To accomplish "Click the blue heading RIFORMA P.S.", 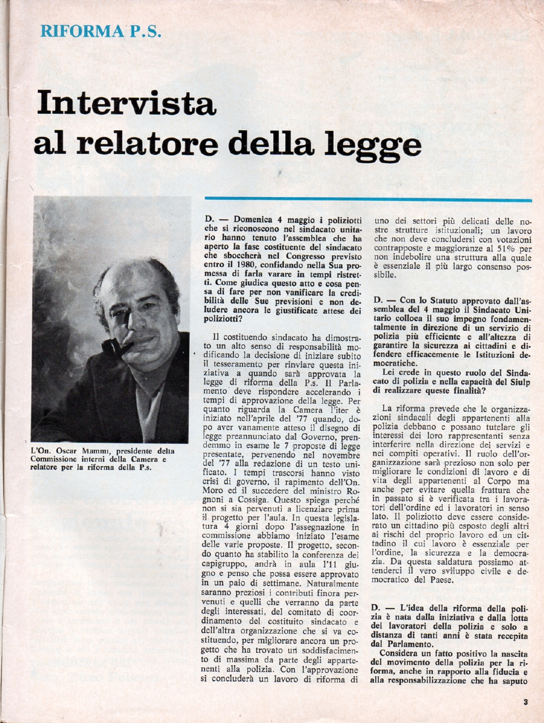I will [x=101, y=31].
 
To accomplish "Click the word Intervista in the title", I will [x=126, y=103].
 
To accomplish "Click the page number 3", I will [x=526, y=702].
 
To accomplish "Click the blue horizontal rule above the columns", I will [x=368, y=199].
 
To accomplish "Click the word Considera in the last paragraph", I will [x=400, y=653].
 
